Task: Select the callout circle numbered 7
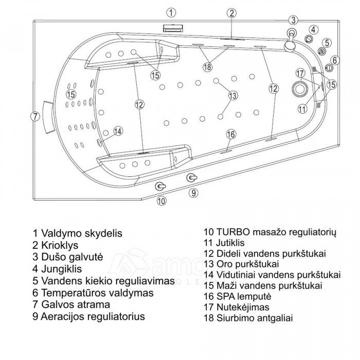pos(35,116)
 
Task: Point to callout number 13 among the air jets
pos(232,95)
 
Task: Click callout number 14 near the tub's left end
pos(118,131)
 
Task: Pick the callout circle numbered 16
pos(231,134)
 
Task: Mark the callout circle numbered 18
pos(207,67)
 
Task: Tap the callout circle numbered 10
pos(161,201)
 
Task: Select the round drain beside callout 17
pos(299,88)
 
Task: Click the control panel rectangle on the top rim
pos(172,28)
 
